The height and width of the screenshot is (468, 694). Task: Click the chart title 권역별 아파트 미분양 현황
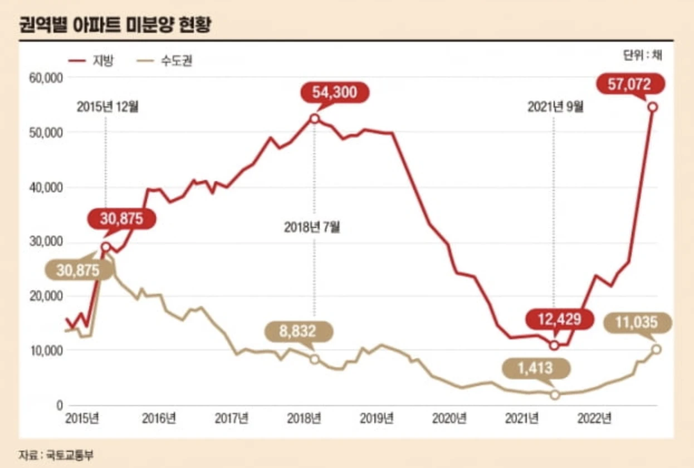click(115, 25)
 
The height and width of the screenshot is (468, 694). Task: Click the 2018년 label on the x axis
click(304, 418)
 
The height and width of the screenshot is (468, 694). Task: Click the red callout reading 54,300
click(334, 92)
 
